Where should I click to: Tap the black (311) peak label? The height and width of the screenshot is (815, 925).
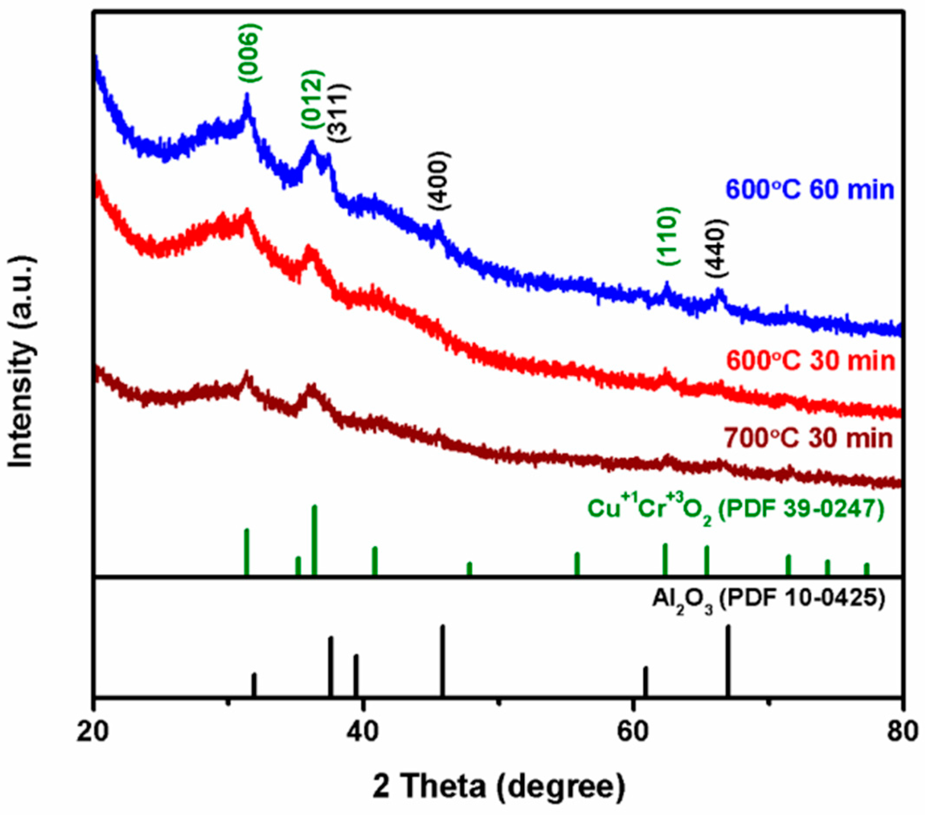tap(339, 113)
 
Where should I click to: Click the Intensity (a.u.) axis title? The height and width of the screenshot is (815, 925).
tap(22, 362)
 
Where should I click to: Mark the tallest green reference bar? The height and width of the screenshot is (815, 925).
tap(315, 539)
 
